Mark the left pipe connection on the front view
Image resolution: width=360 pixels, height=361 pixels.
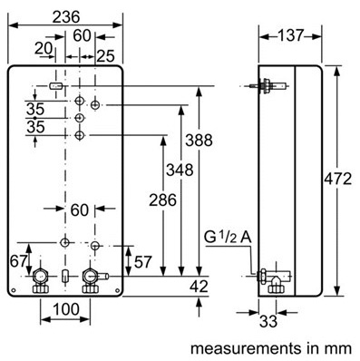pyautogui.click(x=41, y=278)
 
